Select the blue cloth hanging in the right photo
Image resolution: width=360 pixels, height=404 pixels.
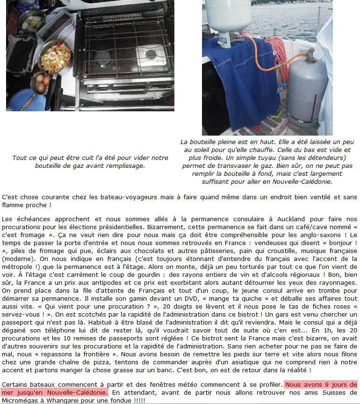coord(234,79)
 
